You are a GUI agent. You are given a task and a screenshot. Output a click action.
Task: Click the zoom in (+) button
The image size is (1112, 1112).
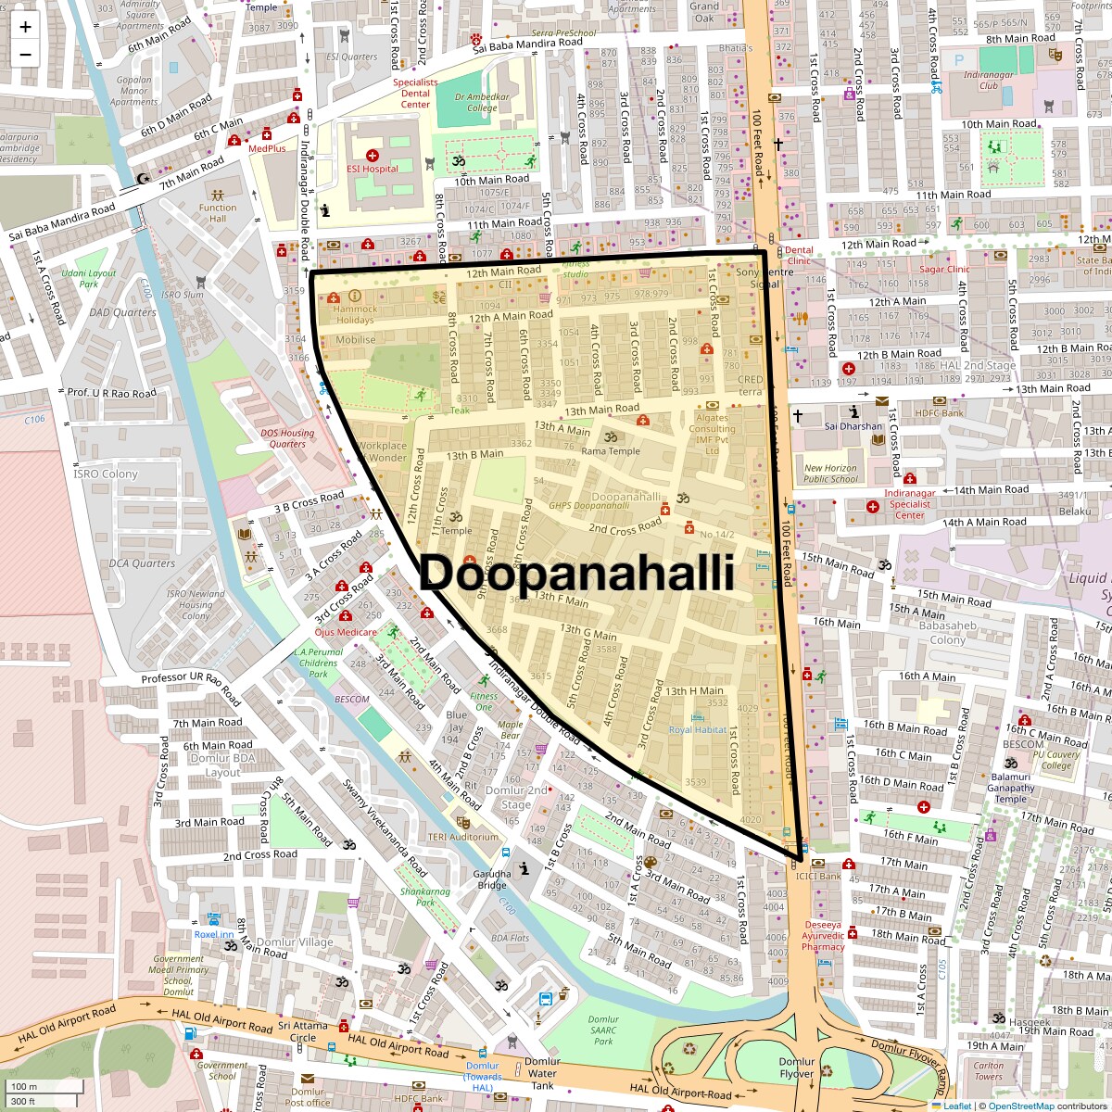(25, 26)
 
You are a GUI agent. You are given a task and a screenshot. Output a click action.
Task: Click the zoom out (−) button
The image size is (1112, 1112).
(25, 54)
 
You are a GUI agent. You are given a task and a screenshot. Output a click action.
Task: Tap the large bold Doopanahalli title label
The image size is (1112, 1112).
(576, 574)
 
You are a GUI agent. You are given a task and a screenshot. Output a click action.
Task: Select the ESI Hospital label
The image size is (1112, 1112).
(372, 169)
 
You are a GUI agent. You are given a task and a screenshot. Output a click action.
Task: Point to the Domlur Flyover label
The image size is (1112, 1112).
(796, 1068)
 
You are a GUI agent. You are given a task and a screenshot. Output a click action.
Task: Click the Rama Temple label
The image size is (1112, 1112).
(610, 451)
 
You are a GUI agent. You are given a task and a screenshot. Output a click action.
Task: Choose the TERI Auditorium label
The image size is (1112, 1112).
(462, 837)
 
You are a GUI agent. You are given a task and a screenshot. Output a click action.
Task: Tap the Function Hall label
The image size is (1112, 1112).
(218, 213)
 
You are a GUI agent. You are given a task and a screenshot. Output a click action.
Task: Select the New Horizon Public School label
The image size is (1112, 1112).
(830, 474)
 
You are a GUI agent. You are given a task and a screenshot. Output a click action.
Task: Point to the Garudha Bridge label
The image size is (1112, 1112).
(492, 879)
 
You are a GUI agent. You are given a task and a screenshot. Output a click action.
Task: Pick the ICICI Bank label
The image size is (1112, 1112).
(817, 876)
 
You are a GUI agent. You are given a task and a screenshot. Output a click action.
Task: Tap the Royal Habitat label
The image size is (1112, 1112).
(698, 729)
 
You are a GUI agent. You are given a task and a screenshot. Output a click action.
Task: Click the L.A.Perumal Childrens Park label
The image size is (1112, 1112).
(318, 663)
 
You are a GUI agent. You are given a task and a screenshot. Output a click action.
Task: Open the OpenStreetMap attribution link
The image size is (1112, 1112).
(1020, 1106)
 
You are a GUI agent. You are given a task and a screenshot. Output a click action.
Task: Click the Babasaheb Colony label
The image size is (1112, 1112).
(947, 633)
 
